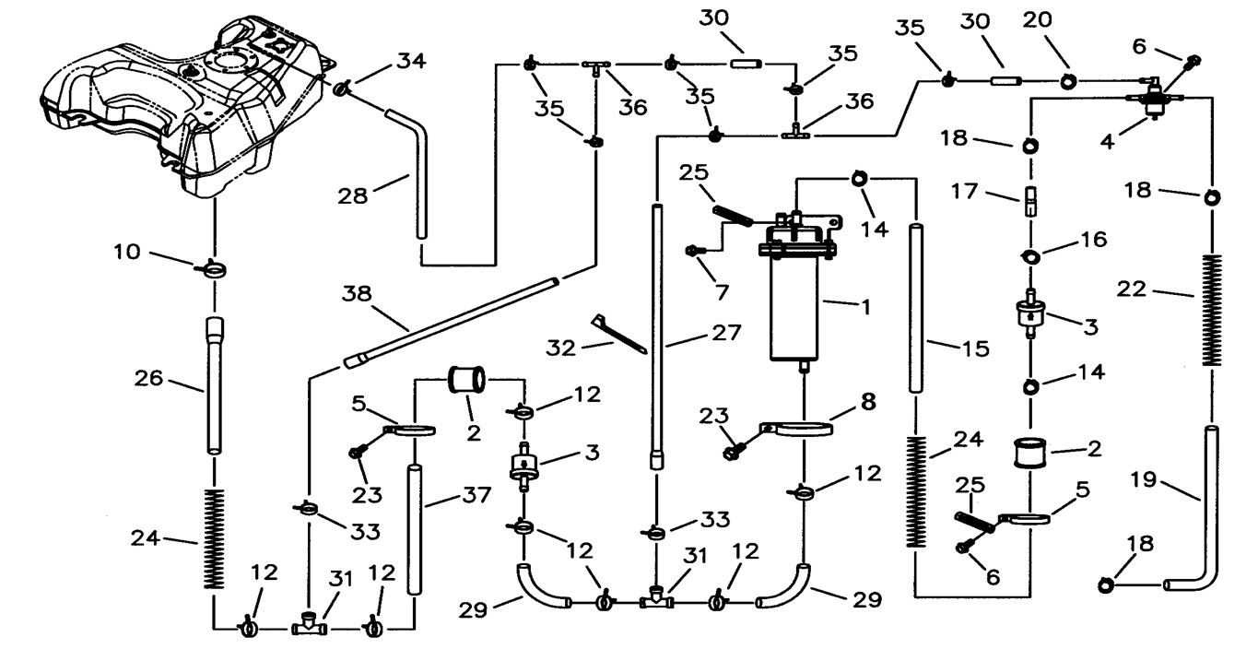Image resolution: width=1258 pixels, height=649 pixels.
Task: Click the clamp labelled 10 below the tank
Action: tap(214, 270)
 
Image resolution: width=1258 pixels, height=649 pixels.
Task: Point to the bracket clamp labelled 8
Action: tap(798, 431)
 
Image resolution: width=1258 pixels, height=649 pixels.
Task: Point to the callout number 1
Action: tap(864, 305)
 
